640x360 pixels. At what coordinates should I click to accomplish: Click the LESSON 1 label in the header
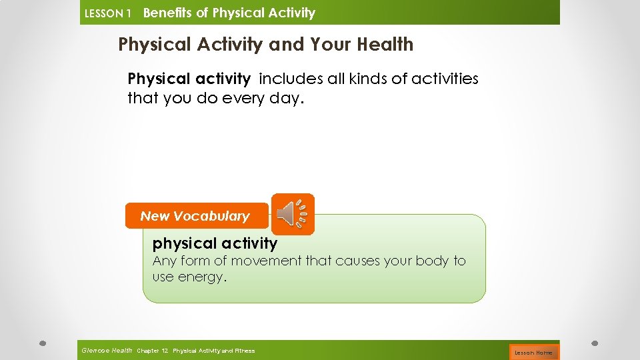point(107,13)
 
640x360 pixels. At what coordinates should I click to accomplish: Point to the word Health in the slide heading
point(385,45)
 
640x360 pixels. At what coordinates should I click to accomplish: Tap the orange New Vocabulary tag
point(195,216)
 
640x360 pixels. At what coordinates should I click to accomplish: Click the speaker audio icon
point(293,213)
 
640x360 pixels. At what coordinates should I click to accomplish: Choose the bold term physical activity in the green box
point(215,243)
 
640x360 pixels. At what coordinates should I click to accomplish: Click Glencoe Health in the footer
point(107,350)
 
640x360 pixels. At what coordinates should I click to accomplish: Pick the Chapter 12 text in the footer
point(153,351)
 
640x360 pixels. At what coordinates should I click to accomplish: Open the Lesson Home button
point(533,352)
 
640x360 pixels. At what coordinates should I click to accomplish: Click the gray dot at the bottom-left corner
point(41,344)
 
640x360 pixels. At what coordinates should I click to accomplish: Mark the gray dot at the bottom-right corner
point(595,344)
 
